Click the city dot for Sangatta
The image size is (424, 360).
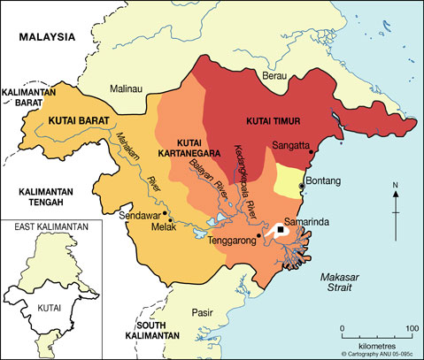[311, 152]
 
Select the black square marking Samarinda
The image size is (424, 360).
[281, 229]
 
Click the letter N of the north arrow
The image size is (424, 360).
[396, 185]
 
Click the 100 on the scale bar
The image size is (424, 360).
[412, 329]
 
